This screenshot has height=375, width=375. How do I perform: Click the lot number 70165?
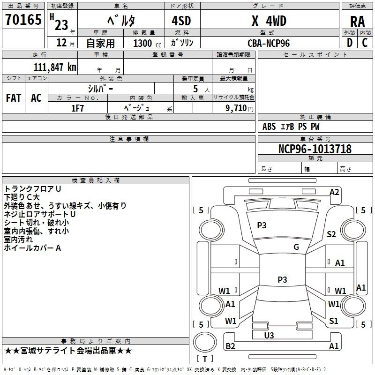[x=23, y=20]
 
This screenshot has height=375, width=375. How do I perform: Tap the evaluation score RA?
[x=357, y=22]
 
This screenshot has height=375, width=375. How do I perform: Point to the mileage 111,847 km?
[x=55, y=67]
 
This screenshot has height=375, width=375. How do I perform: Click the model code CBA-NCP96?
[x=269, y=43]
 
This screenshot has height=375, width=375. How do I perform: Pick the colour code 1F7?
[x=77, y=108]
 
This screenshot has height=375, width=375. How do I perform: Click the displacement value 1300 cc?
[x=145, y=43]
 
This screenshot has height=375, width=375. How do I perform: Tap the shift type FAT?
[x=14, y=98]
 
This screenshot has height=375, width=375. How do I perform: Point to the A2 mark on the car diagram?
[x=334, y=192]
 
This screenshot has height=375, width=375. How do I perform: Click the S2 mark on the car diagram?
[x=331, y=234]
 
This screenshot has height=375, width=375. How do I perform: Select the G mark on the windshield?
[x=296, y=247]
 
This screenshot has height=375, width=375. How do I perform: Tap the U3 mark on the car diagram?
[x=269, y=335]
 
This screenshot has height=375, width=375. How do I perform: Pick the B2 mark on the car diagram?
[x=230, y=346]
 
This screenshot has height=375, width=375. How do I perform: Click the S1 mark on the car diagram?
[x=334, y=321]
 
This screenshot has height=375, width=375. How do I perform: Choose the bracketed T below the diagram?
[x=205, y=359]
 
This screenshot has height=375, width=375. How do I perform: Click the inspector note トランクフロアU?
[x=32, y=189]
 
